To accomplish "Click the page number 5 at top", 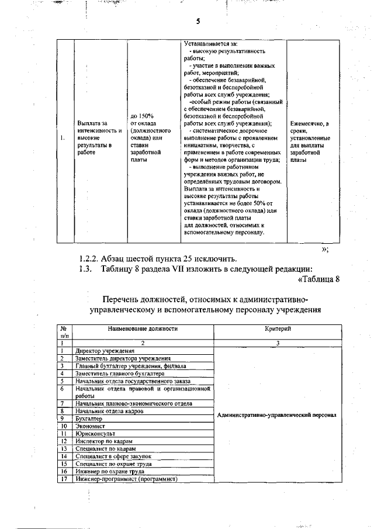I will point(198,22).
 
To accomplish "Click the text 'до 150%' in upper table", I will point(142,116).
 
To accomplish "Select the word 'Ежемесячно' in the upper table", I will point(309,123).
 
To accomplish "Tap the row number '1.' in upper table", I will point(62,138).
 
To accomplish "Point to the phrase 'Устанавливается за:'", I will point(206,44).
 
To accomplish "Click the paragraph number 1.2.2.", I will point(88,258).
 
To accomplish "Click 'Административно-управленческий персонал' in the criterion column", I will point(276,415).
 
